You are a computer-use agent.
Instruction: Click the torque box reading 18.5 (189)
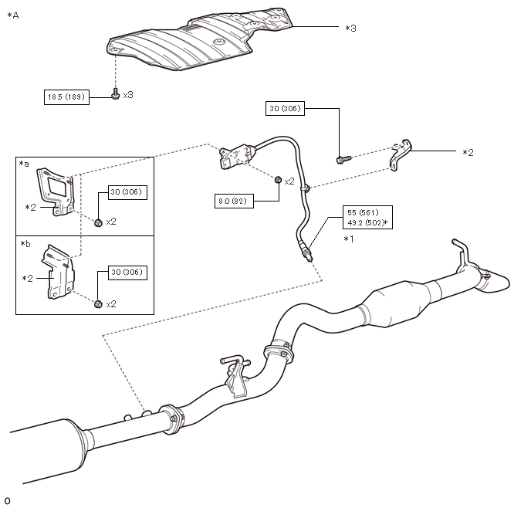click(66, 97)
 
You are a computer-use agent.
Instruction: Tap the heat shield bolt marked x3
click(116, 94)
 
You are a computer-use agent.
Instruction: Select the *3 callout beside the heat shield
click(351, 28)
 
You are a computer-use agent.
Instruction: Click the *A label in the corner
click(13, 15)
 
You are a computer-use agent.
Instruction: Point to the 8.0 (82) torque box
click(234, 202)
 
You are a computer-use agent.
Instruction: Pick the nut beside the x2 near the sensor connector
click(278, 179)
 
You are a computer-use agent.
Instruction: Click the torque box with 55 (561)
click(367, 218)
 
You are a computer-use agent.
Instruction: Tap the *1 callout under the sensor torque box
click(349, 239)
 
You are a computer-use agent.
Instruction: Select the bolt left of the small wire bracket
click(343, 159)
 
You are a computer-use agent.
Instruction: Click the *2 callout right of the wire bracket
click(468, 153)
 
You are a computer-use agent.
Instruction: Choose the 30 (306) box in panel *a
click(127, 192)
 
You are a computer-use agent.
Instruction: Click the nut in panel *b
click(98, 304)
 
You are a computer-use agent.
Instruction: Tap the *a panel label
click(24, 164)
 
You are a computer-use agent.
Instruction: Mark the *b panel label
click(25, 244)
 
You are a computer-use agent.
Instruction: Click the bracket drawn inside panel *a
click(56, 191)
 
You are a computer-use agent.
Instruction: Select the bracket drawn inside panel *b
click(58, 272)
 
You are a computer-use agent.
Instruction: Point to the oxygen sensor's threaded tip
click(308, 257)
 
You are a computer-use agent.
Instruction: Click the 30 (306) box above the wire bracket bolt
click(285, 109)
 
